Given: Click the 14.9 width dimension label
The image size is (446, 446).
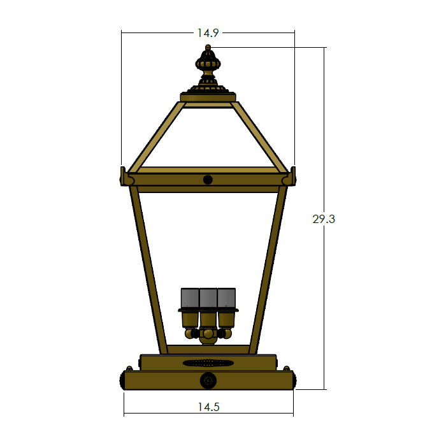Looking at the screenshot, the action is coord(208,33).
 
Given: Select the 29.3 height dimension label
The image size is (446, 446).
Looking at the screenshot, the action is coord(324,219).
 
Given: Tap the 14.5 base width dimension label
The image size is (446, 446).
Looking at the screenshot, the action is coord(208,406).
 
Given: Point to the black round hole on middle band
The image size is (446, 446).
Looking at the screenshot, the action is coord(208,180).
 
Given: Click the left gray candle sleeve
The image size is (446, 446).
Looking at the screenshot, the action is coord(190,298).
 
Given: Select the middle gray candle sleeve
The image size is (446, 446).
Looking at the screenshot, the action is coord(208,298).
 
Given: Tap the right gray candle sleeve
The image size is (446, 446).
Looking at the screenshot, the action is coord(226,298).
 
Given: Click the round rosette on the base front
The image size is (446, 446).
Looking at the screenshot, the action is coord(208,380).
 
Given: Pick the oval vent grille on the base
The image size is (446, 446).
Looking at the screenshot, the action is coord(208,363).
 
